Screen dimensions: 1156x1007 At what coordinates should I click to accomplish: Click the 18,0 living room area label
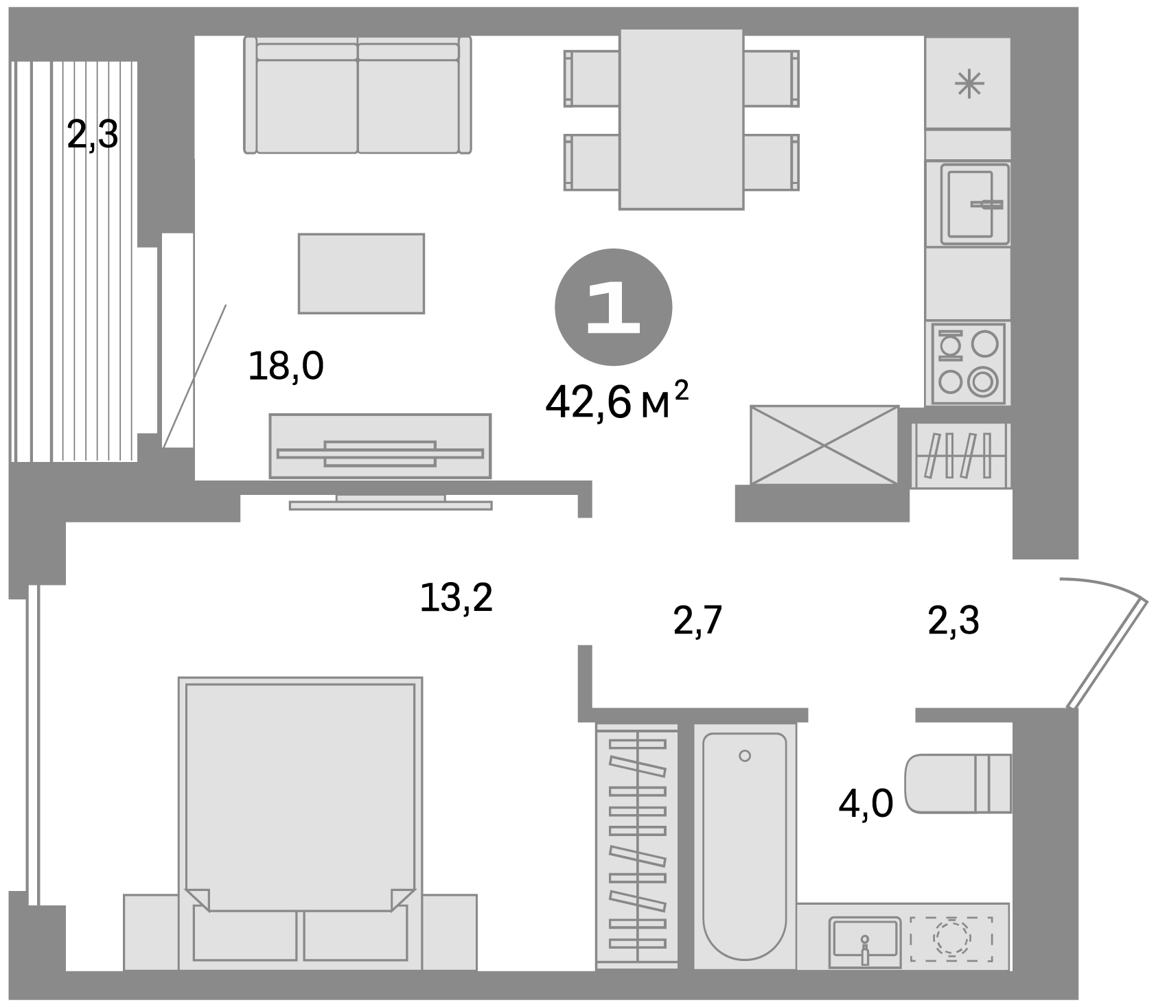[286, 366]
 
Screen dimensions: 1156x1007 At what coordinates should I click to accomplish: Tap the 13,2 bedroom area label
[456, 598]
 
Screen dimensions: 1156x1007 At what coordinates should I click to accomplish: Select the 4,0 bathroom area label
[866, 803]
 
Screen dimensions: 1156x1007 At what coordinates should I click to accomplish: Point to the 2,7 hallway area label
[699, 621]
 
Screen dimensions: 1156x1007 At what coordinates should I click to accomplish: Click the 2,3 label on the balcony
[93, 135]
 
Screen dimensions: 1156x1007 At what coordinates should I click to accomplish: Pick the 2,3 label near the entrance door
[953, 621]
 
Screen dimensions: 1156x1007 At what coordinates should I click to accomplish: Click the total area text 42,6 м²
[616, 402]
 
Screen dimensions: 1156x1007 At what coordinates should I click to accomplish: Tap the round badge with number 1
[613, 308]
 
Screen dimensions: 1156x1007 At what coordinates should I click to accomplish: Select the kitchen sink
[975, 204]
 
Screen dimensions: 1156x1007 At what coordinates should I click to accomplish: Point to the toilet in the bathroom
[958, 784]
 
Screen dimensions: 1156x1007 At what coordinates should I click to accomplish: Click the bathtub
[745, 846]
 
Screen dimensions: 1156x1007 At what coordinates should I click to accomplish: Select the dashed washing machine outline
[951, 938]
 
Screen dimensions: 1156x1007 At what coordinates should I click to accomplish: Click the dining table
[682, 119]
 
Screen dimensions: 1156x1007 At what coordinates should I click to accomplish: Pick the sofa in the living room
[358, 95]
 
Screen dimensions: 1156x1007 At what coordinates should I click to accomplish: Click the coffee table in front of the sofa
[361, 273]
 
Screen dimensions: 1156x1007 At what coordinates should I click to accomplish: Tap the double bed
[300, 823]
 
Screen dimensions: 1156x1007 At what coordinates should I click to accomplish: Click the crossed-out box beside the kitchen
[824, 445]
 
